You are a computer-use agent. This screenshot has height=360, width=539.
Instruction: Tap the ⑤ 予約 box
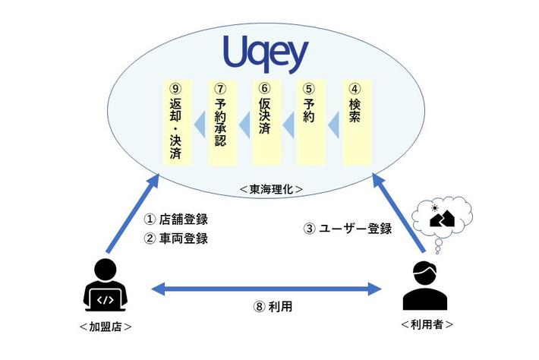(x=310, y=122)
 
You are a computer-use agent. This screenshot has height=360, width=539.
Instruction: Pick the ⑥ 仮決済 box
(x=266, y=122)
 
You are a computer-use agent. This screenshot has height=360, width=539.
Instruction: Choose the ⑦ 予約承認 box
(x=221, y=122)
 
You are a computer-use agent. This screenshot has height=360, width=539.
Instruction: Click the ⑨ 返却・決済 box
(x=176, y=122)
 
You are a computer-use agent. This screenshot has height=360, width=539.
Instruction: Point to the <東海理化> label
(x=271, y=187)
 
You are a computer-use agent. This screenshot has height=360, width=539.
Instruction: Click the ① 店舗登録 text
(x=175, y=219)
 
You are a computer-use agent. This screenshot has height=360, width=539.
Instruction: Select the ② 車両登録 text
(x=175, y=238)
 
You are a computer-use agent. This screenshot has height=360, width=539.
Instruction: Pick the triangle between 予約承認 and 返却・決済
(x=199, y=122)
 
